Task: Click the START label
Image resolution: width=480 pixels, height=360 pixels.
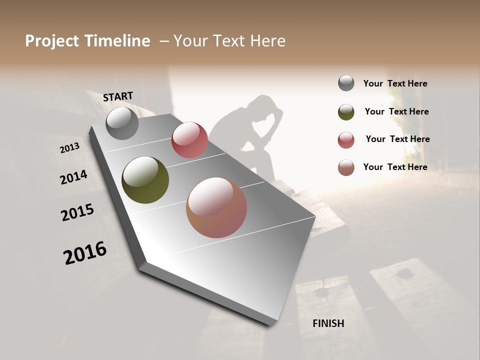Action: click(x=118, y=96)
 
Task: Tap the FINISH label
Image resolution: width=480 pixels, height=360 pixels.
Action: click(x=328, y=323)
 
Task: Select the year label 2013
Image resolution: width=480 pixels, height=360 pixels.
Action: click(x=70, y=148)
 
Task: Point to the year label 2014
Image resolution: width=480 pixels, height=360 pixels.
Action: click(x=74, y=177)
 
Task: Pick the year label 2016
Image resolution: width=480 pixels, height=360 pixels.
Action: click(x=85, y=252)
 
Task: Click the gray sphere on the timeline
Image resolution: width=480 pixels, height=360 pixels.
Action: click(x=122, y=123)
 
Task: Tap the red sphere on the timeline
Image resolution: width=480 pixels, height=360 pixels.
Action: click(x=189, y=140)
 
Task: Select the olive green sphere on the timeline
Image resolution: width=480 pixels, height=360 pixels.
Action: click(x=145, y=180)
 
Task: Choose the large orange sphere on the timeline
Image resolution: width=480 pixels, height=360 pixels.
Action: click(x=216, y=207)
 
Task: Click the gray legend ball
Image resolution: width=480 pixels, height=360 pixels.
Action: click(x=346, y=83)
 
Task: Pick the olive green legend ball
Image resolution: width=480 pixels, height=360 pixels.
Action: click(x=346, y=112)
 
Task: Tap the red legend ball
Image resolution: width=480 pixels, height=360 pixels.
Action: click(x=346, y=140)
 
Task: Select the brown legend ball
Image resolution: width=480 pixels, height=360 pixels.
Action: click(x=346, y=167)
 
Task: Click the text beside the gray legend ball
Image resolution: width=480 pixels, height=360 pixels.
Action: click(x=395, y=83)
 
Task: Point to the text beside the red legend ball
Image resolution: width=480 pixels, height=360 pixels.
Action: click(x=397, y=139)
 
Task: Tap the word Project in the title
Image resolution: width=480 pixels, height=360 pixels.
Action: click(x=52, y=41)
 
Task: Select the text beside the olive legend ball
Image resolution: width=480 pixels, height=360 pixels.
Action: click(x=396, y=111)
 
